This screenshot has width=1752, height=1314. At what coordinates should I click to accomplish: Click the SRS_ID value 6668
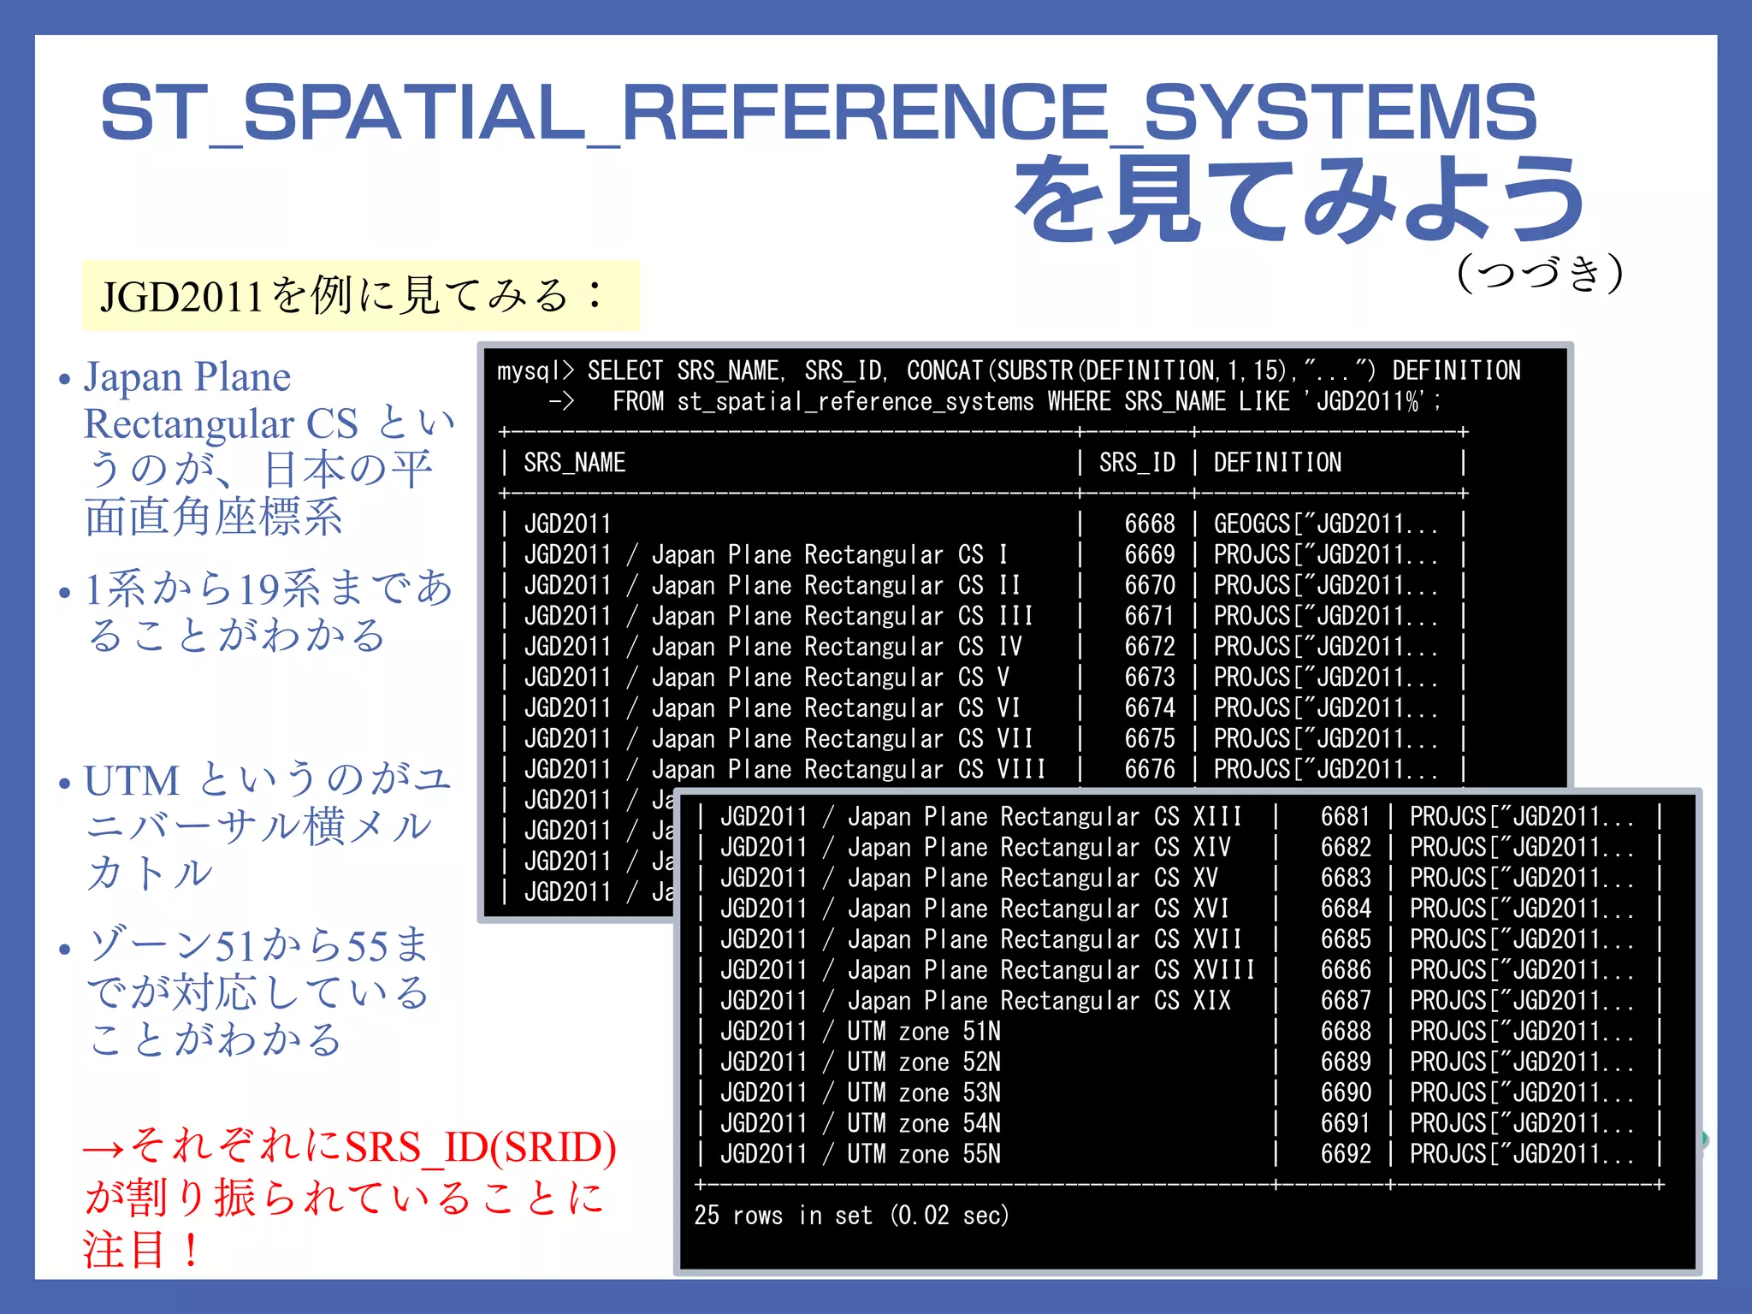1149,524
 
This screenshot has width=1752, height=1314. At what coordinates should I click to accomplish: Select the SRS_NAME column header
574,463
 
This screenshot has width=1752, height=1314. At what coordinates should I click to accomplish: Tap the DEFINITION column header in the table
1277,463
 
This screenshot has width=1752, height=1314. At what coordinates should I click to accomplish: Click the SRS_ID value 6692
1345,1154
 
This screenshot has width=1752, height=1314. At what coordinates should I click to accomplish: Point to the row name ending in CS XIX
975,1001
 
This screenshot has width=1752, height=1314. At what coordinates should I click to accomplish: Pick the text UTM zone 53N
923,1093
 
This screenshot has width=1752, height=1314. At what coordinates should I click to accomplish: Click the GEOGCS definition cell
1325,524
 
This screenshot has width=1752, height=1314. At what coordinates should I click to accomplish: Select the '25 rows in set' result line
851,1216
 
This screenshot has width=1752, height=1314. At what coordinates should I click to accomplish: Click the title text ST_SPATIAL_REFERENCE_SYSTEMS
818,113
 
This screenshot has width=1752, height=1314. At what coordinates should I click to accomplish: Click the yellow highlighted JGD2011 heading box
360,296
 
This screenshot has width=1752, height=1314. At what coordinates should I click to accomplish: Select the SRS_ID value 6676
1149,769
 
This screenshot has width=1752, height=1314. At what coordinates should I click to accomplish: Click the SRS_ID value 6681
1345,817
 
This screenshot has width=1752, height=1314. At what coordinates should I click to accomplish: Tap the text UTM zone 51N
923,1032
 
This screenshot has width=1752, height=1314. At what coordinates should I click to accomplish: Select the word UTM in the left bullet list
132,781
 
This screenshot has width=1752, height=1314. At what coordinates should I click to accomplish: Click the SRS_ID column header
1137,463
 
